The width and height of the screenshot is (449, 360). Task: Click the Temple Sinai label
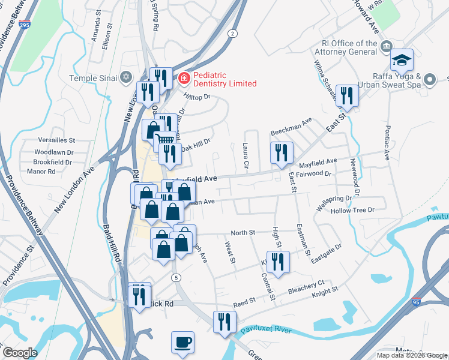pyautogui.click(x=94, y=77)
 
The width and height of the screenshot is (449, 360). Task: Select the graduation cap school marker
pyautogui.click(x=402, y=61)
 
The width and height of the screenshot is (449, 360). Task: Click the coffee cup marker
pyautogui.click(x=182, y=343)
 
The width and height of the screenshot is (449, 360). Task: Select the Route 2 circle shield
pyautogui.click(x=232, y=34)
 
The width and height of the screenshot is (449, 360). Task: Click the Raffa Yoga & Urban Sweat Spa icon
pyautogui.click(x=430, y=79)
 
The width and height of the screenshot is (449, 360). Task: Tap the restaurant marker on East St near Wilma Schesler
pyautogui.click(x=346, y=96)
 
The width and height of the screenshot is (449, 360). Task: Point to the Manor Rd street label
pyautogui.click(x=41, y=172)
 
